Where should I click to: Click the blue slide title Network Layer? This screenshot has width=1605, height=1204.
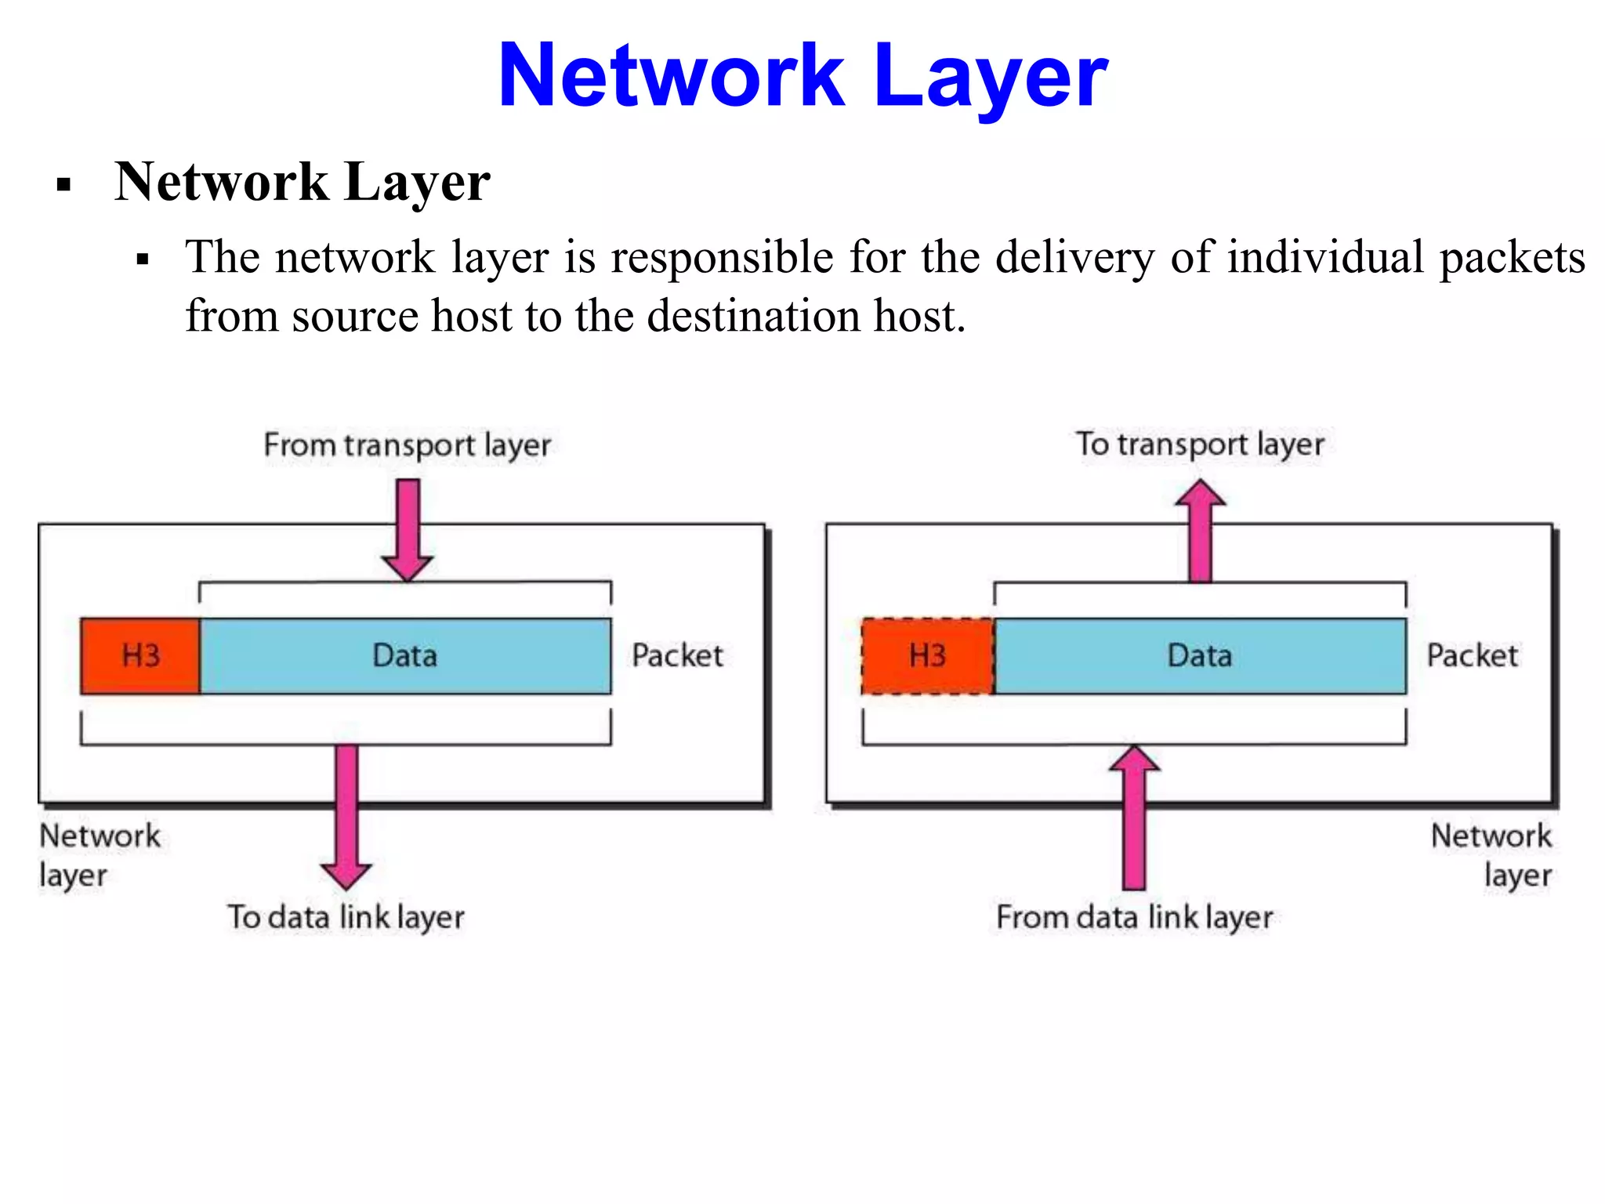tap(802, 76)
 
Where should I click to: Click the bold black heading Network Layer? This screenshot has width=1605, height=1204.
tap(303, 182)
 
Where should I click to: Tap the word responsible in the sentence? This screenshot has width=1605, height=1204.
tap(722, 257)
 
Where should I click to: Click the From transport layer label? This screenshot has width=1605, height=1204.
tap(407, 445)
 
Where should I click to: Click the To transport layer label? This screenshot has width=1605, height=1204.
tap(1199, 444)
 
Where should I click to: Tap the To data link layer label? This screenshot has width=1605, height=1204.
tap(346, 917)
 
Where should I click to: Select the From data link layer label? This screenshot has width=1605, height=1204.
tap(1134, 917)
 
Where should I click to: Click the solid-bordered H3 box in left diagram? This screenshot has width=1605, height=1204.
tap(140, 655)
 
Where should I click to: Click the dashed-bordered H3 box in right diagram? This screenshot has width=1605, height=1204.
tap(927, 655)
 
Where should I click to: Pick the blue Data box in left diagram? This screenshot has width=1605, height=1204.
tap(405, 655)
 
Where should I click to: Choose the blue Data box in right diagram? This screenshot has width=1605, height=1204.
tap(1199, 655)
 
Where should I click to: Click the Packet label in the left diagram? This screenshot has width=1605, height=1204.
tap(677, 655)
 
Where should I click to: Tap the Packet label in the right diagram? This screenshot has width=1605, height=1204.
tap(1472, 655)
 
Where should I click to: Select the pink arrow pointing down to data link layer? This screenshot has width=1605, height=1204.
tap(346, 815)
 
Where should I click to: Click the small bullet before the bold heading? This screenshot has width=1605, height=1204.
tap(64, 186)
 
